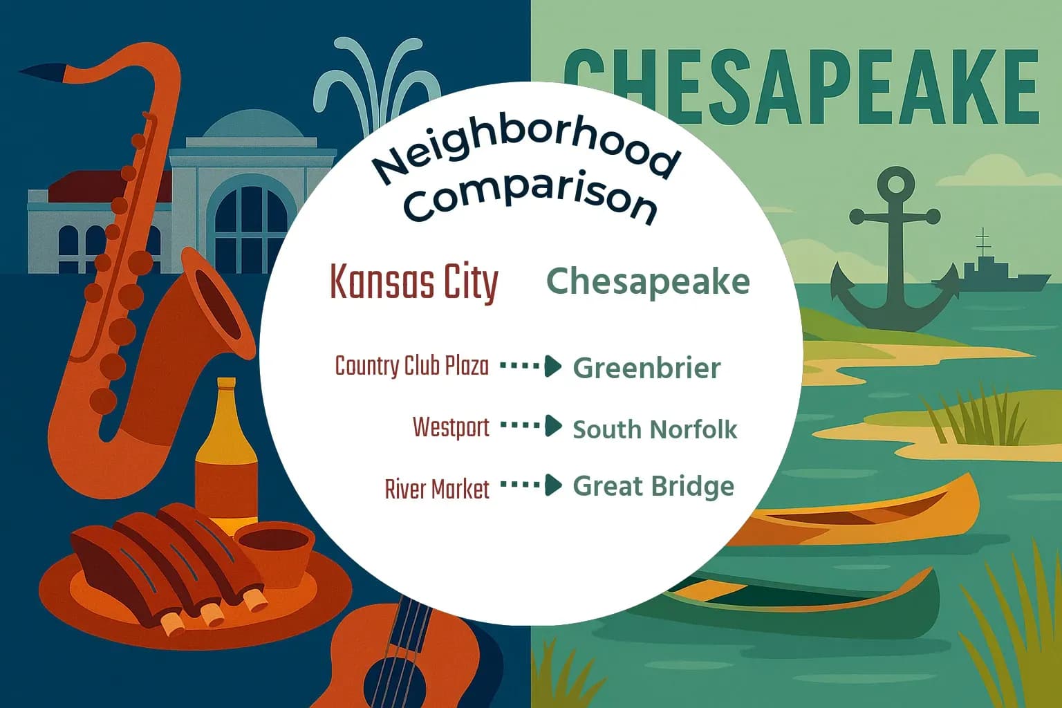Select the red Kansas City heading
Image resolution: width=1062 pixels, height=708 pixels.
coord(413,282)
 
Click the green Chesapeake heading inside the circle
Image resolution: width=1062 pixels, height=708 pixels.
coord(648,281)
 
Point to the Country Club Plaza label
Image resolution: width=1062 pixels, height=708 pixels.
coord(411,366)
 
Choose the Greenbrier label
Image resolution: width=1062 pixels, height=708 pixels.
coord(646,368)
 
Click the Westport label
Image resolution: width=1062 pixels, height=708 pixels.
coord(451,427)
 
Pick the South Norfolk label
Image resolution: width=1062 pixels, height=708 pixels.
coord(655,429)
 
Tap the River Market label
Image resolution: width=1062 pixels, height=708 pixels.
coord(437,489)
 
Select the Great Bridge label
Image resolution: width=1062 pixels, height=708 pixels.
coord(653,486)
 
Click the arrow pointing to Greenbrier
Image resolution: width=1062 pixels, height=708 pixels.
coord(531,366)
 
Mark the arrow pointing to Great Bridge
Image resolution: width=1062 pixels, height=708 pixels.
coord(531,485)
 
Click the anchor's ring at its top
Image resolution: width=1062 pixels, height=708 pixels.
coord(895,185)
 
